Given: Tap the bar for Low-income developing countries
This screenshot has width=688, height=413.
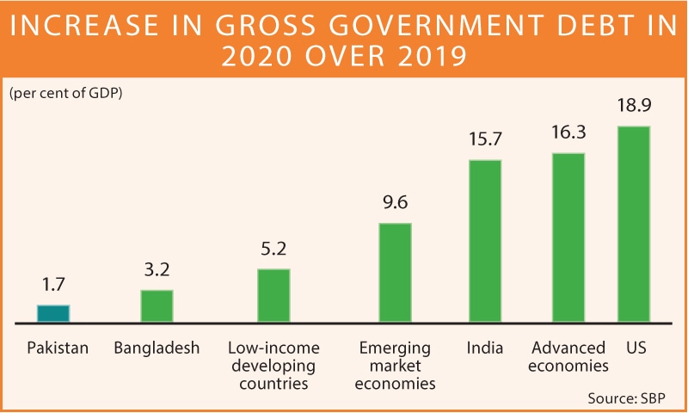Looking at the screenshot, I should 274,296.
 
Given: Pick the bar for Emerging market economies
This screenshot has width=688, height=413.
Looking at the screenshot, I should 396,273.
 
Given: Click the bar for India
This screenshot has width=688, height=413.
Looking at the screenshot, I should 485,242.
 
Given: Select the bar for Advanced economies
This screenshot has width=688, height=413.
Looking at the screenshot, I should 568,238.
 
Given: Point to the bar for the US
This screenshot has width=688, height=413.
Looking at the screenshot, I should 634,225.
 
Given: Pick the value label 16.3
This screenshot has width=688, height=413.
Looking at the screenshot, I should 568,134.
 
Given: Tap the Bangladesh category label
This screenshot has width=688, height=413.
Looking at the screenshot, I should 157,348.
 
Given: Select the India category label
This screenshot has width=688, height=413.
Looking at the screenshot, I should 485,348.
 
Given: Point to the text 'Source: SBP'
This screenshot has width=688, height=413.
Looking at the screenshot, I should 627,398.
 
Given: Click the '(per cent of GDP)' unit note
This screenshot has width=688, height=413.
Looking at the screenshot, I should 66,94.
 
